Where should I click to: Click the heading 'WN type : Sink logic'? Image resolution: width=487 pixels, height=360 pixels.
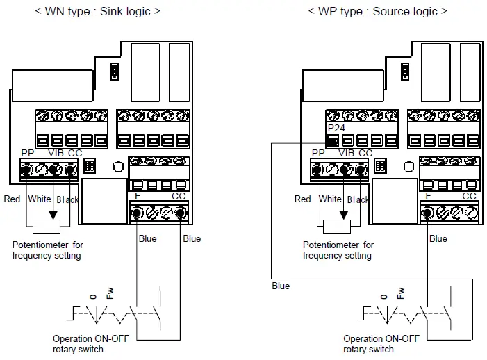point(97,11)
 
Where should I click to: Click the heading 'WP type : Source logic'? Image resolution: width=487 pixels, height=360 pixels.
point(378,11)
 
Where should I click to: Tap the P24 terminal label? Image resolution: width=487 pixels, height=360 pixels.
point(336,129)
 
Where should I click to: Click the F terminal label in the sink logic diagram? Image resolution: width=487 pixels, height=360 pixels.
point(137,196)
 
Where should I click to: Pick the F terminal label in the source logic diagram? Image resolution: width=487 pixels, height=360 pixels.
point(428,196)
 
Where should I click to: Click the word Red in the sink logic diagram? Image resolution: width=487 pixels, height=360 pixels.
point(12,199)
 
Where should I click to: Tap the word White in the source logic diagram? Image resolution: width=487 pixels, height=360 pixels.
point(330,199)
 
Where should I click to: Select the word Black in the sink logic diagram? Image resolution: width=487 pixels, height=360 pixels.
point(67,199)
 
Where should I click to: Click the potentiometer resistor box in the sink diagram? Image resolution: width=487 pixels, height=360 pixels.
point(47,225)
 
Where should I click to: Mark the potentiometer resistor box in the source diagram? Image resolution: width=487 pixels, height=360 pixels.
point(337,225)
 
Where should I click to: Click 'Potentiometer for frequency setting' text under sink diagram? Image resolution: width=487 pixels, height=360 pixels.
point(47,250)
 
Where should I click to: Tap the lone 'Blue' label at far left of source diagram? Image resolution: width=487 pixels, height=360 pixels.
point(281,286)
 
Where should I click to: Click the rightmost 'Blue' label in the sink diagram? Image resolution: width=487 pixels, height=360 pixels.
point(192,238)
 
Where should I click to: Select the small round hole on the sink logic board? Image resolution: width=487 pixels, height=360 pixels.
point(118,167)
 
